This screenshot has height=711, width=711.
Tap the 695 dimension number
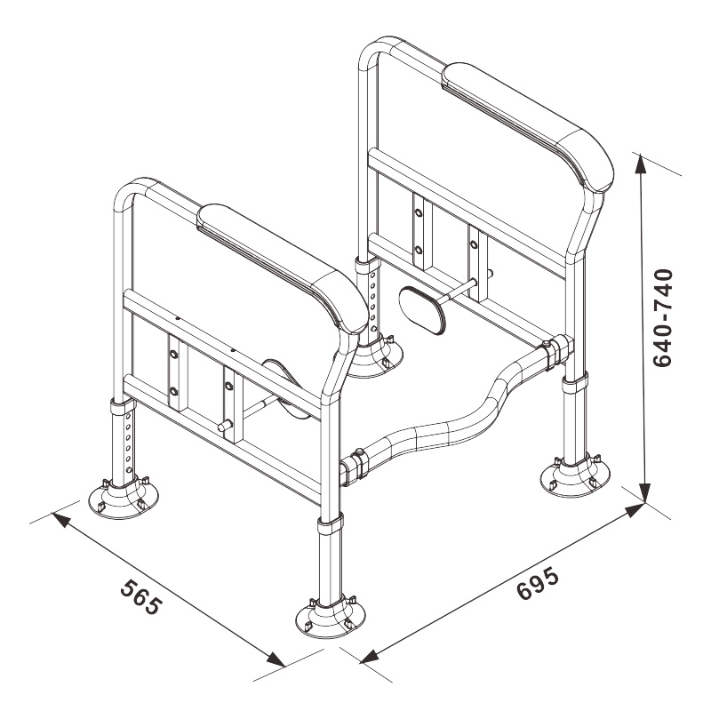(x=538, y=584)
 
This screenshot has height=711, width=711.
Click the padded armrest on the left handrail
(x=282, y=268)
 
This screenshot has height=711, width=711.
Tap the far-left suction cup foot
(x=124, y=499)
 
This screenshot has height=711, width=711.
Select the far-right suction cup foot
(x=575, y=476)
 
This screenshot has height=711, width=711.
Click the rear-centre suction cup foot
(x=375, y=358)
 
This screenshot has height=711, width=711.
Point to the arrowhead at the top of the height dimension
(x=640, y=164)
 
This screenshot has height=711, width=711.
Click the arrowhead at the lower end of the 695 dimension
(x=369, y=656)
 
